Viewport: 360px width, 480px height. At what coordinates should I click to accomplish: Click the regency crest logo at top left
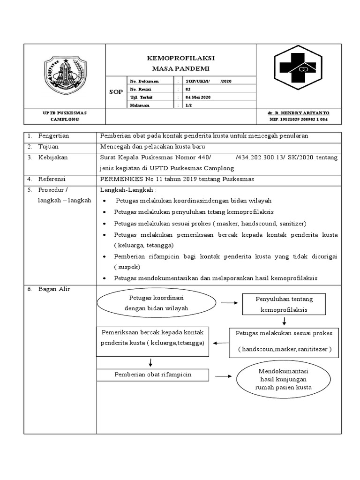coord(65,75)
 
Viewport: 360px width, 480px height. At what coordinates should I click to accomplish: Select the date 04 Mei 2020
coord(199,97)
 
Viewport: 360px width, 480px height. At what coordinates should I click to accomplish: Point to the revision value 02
coord(188,89)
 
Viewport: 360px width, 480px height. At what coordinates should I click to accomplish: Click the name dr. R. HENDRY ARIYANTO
coord(298,113)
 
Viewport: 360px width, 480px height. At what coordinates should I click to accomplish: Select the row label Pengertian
coord(53,135)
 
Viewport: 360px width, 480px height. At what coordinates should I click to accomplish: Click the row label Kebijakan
coord(53,157)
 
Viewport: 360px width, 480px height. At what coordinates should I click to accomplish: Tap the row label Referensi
coord(52,179)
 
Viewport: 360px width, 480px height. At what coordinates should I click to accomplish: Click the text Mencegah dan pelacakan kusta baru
coord(154,147)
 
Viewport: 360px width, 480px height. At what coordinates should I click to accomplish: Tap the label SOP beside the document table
coord(116,92)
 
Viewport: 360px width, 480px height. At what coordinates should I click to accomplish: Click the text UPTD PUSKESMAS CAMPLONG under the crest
coord(65,116)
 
